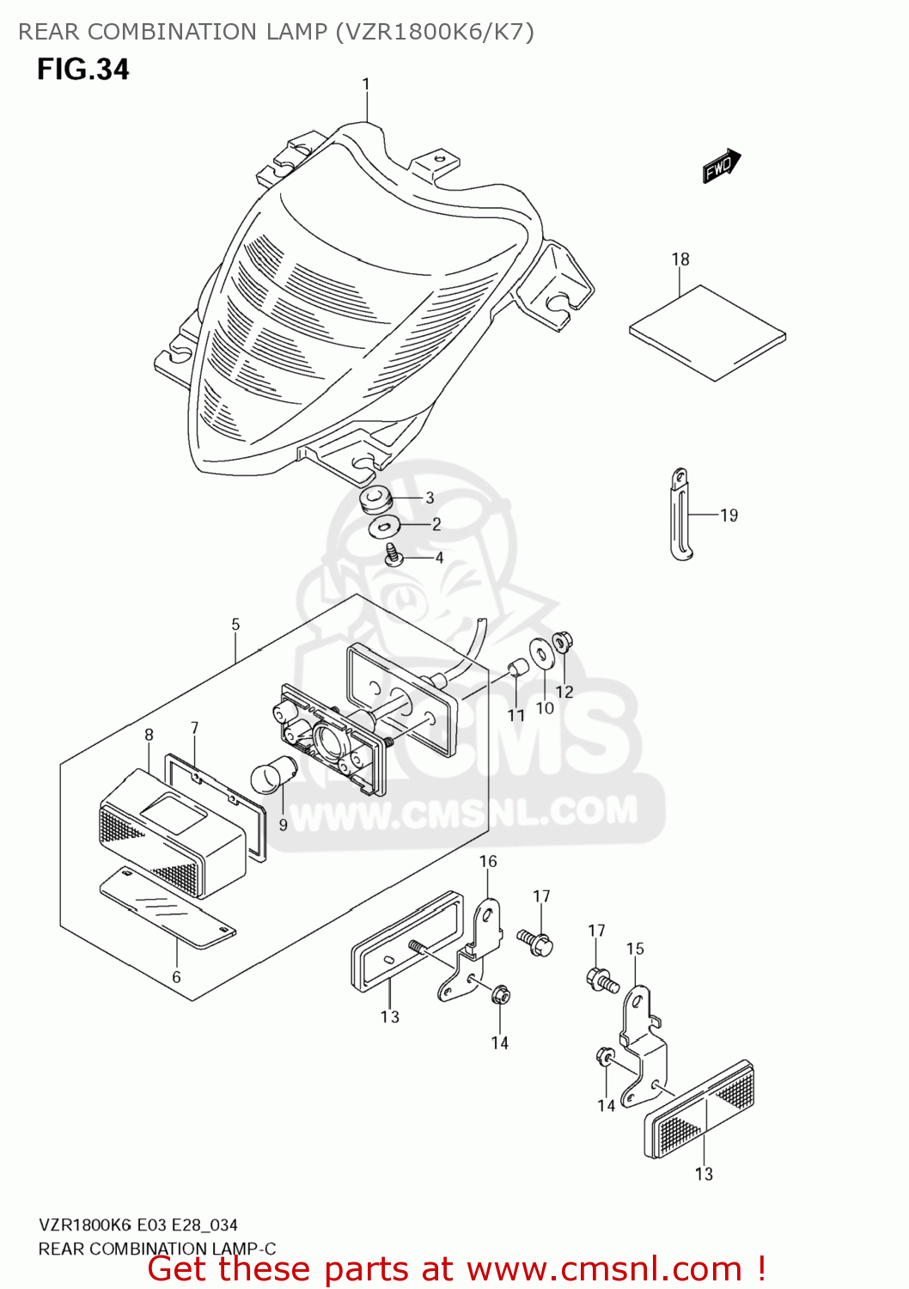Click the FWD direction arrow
pos(721,166)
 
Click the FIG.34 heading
pos(82,69)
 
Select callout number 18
pos(680,259)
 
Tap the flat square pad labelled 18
pos(707,333)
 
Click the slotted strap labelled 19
pos(680,514)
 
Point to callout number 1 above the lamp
pos(366,84)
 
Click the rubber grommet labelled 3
pos(375,499)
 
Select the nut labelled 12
pos(562,641)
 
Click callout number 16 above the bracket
pos(488,861)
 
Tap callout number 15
pos(635,949)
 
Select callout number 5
pos(235,625)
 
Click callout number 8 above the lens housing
pos(149,735)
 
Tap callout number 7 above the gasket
pos(195,728)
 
